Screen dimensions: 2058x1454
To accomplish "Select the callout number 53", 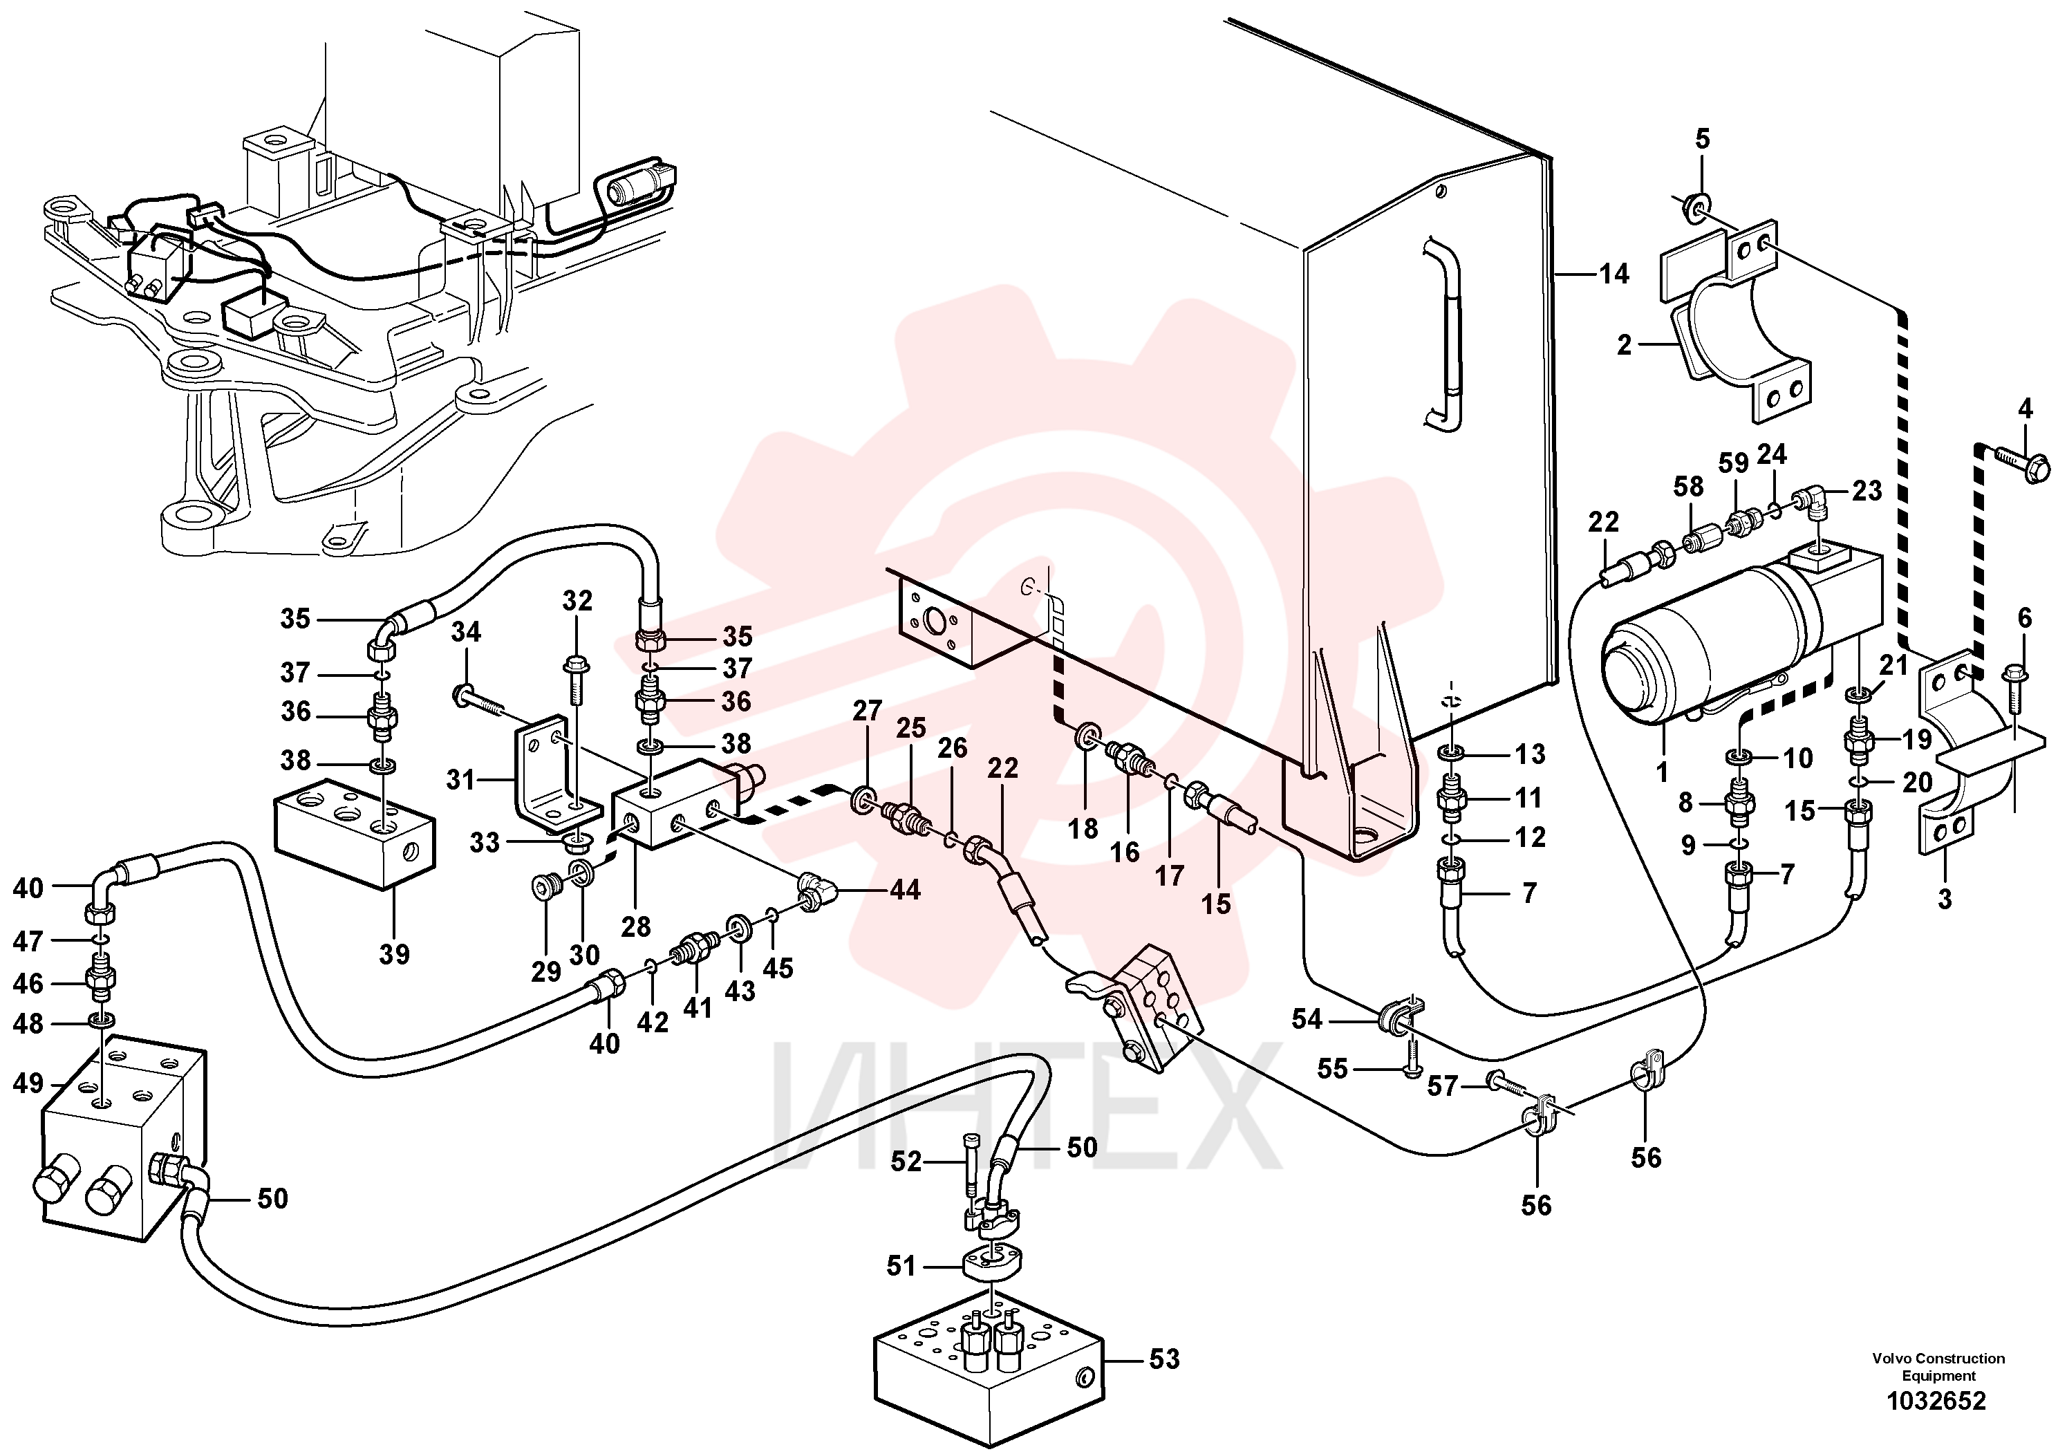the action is [1164, 1359].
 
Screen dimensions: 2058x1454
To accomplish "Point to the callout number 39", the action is [395, 954].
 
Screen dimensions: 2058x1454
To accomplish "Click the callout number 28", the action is [635, 926].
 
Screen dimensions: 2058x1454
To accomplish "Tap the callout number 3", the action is [1944, 899].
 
